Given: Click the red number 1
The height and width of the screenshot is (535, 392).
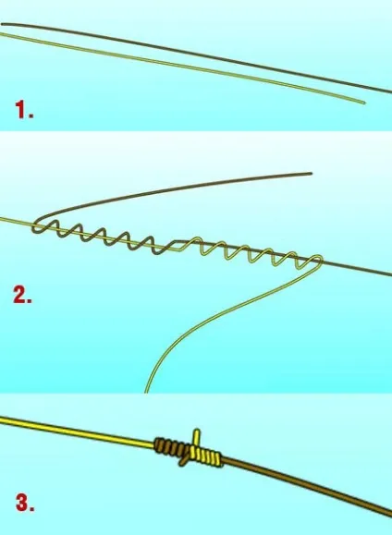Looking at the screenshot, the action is pyautogui.click(x=24, y=110).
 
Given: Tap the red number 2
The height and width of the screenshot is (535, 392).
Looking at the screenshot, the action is pyautogui.click(x=22, y=295).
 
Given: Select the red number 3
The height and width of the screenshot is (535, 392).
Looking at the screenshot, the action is pyautogui.click(x=25, y=503).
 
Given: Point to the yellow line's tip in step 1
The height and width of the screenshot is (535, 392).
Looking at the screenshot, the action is pyautogui.click(x=364, y=103).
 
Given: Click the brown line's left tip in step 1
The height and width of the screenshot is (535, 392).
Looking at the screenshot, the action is pyautogui.click(x=2, y=24).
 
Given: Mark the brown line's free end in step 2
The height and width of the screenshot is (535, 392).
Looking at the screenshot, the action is pyautogui.click(x=311, y=174).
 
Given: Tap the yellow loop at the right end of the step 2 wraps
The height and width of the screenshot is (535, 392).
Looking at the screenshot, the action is pyautogui.click(x=317, y=260).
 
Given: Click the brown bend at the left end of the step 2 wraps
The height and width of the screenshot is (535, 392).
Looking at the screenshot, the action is pyautogui.click(x=37, y=226).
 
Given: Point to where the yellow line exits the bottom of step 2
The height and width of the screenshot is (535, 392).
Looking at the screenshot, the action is pyautogui.click(x=146, y=392).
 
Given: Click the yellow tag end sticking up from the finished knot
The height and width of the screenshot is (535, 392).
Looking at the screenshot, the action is pyautogui.click(x=197, y=437).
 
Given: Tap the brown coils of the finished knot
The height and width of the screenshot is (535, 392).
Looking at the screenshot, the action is pyautogui.click(x=171, y=447).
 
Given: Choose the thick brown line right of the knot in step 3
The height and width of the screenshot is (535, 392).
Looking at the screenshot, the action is pyautogui.click(x=307, y=485).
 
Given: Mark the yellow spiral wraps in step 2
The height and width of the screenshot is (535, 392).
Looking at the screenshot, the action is pyautogui.click(x=250, y=252).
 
